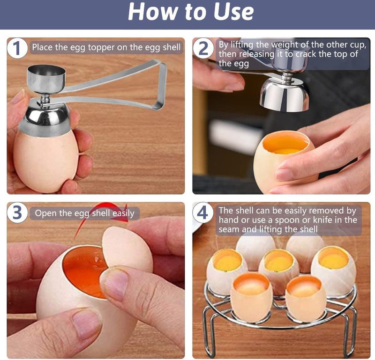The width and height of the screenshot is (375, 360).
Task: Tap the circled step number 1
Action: point(17,49)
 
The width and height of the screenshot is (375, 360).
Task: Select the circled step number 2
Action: point(203,49)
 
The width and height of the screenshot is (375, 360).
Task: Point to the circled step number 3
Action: point(17,213)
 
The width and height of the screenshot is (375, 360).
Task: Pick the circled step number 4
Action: point(202,213)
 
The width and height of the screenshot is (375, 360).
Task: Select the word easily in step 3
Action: point(123,213)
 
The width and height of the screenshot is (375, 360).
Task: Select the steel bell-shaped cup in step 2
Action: point(285,95)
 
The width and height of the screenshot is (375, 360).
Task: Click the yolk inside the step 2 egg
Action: point(287,151)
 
